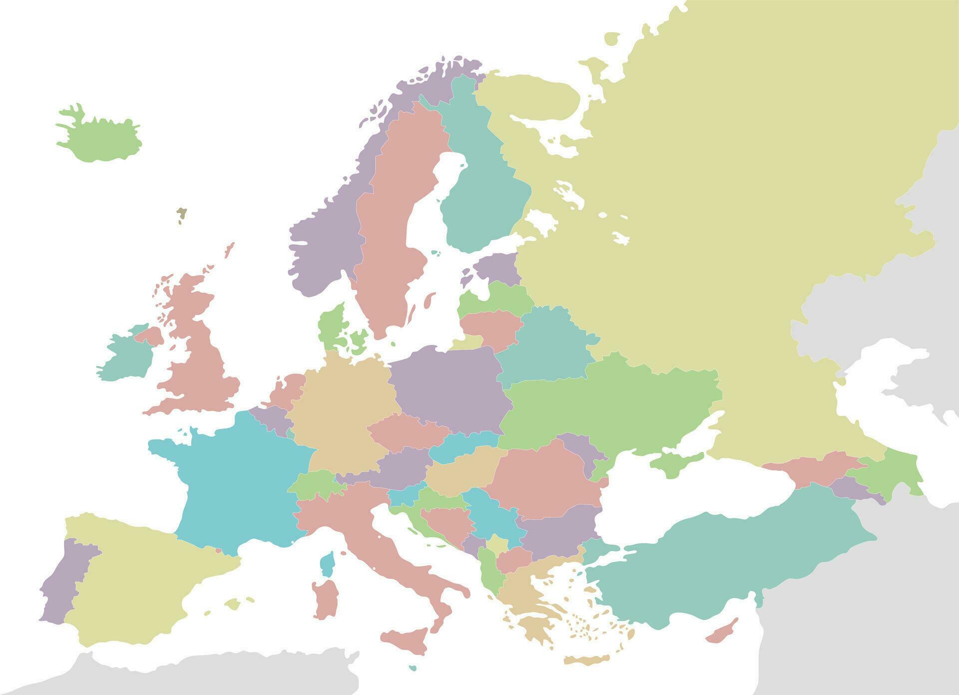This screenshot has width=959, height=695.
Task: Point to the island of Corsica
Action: coord(327,564)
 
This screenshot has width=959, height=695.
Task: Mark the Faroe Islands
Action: coord(181,214)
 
